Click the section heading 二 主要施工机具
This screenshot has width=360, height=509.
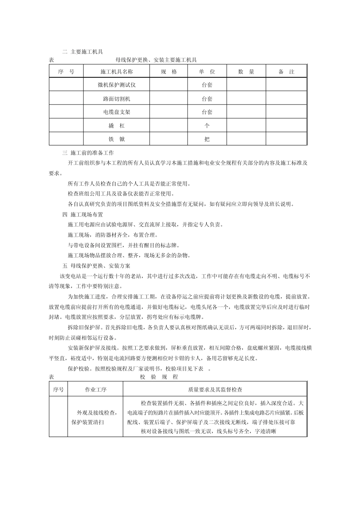tap(82, 52)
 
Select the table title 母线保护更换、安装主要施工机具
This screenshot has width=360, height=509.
tap(156, 60)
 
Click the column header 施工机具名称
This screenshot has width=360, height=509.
tap(116, 72)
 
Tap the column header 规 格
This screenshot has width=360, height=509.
tap(169, 72)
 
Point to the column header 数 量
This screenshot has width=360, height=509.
tap(246, 72)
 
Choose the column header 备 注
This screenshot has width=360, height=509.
tap(286, 72)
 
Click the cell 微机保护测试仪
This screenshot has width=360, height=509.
tap(116, 85)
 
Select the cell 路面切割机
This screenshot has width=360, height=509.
tap(116, 99)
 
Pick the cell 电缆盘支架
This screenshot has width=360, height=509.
tap(116, 112)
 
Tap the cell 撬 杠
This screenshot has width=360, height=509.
tap(116, 125)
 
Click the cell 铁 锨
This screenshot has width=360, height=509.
tap(116, 139)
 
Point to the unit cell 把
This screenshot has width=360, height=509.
tap(207, 139)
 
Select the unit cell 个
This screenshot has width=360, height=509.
tap(207, 125)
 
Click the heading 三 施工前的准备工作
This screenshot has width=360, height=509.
tap(88, 153)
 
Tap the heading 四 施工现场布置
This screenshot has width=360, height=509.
tap(82, 214)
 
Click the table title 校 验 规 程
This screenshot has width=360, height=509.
tap(159, 377)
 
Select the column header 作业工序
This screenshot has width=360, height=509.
tap(95, 389)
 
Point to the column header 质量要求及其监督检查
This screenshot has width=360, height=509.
tap(215, 389)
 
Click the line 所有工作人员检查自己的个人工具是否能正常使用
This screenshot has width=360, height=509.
tap(129, 184)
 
